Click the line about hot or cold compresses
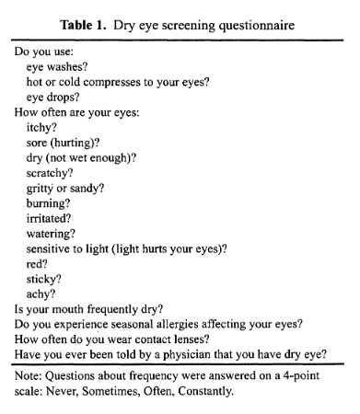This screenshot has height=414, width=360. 118,81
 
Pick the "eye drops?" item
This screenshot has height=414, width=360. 55,96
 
